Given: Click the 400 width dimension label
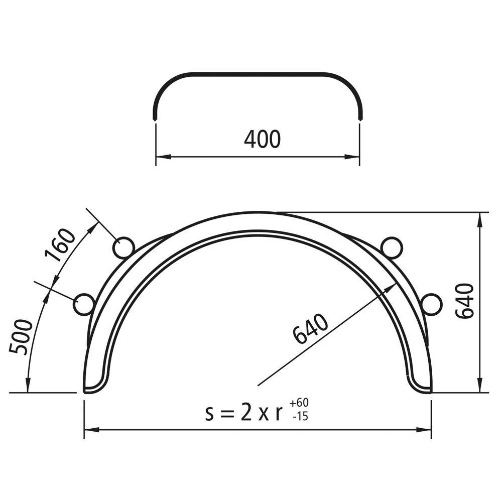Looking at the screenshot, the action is tap(262, 139).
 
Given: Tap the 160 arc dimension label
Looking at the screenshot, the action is tap(61, 244).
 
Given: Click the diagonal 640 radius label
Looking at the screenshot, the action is tap(310, 328).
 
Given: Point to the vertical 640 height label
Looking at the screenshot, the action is tap(464, 301).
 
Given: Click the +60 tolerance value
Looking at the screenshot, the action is tap(299, 403).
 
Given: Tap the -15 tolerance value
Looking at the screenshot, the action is tap(300, 416).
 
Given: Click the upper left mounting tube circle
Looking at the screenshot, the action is tap(123, 248).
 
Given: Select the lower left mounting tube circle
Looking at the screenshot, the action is tap(84, 304).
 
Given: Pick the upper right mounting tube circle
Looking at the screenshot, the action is tap(392, 248).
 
